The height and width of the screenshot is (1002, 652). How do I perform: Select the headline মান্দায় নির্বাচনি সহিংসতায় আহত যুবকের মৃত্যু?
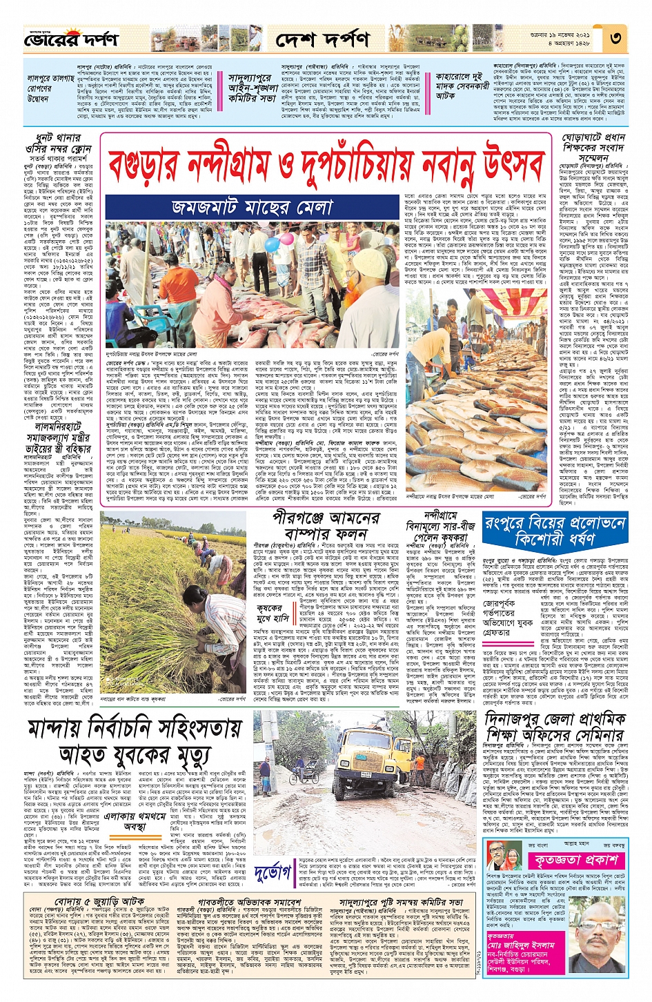click(x=135, y=740)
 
